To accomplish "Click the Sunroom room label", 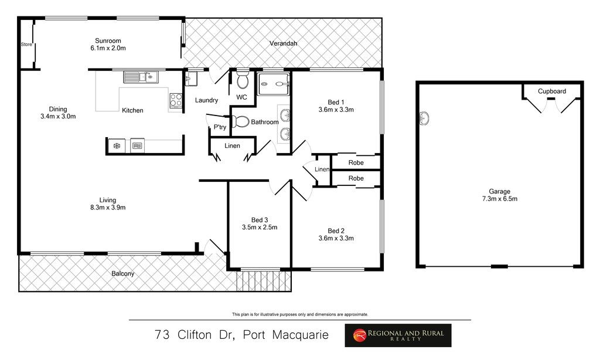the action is pyautogui.click(x=108, y=40).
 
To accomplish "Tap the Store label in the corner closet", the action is pyautogui.click(x=26, y=45).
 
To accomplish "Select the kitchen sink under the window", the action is pyautogui.click(x=141, y=77).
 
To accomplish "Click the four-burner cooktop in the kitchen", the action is pyautogui.click(x=176, y=100).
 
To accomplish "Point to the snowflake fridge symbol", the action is pyautogui.click(x=117, y=145).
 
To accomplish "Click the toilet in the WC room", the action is pyautogui.click(x=242, y=80).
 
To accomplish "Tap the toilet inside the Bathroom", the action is pyautogui.click(x=240, y=122).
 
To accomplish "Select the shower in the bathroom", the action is pyautogui.click(x=274, y=84).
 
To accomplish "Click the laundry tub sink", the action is pyautogui.click(x=191, y=79).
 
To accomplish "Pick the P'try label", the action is pyautogui.click(x=220, y=127).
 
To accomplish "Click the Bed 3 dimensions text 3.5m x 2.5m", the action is pyautogui.click(x=260, y=227).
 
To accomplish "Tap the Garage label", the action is pyautogui.click(x=499, y=192).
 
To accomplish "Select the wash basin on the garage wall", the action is pyautogui.click(x=424, y=118).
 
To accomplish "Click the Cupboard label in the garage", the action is pyautogui.click(x=552, y=91).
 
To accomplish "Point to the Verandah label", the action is pyautogui.click(x=283, y=43).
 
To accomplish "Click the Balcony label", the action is pyautogui.click(x=123, y=273).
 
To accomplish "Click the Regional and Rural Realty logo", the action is pyautogui.click(x=398, y=335).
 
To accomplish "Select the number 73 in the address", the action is pyautogui.click(x=162, y=335).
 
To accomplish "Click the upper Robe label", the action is pyautogui.click(x=356, y=162).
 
